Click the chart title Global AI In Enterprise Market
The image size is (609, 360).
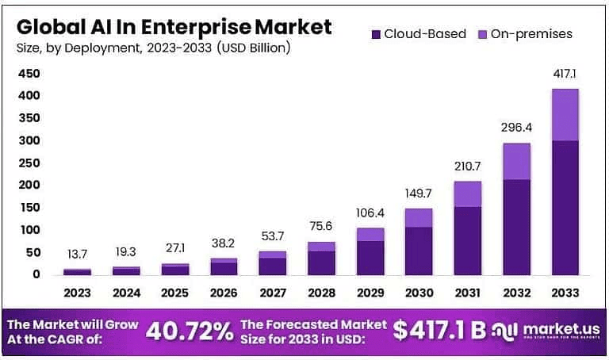173,25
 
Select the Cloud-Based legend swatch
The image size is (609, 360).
375,33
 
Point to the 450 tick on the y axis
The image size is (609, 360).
29,74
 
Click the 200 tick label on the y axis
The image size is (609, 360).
29,185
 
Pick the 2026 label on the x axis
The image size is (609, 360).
224,293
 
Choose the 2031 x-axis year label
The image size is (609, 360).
468,293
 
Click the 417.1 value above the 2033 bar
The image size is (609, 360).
565,73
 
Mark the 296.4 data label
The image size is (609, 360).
516,127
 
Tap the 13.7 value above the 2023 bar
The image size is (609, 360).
77,253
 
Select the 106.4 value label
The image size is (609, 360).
370,212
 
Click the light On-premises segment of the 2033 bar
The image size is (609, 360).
565,115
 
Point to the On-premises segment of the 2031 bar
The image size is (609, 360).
468,193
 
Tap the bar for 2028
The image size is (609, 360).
322,258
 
